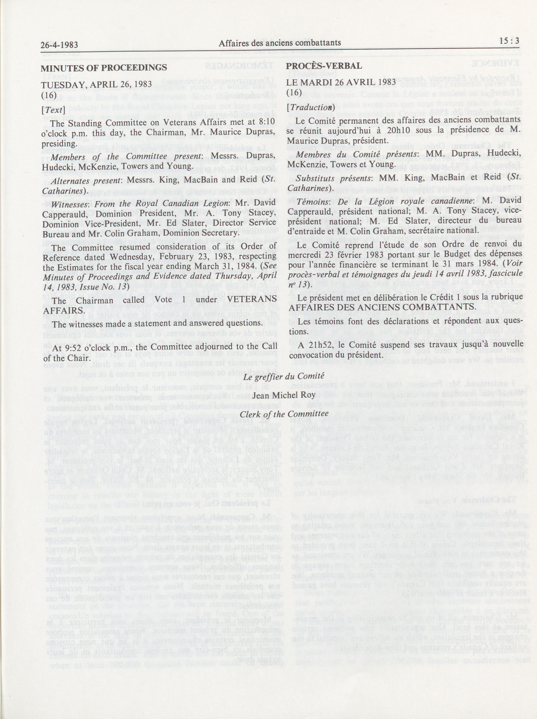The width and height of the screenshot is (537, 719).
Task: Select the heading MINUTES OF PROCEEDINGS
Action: [104, 68]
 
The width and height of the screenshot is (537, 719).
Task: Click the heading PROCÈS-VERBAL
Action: [324, 66]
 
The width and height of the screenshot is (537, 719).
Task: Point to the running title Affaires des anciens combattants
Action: [280, 43]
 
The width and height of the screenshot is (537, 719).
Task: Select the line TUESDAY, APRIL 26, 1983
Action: [96, 84]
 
